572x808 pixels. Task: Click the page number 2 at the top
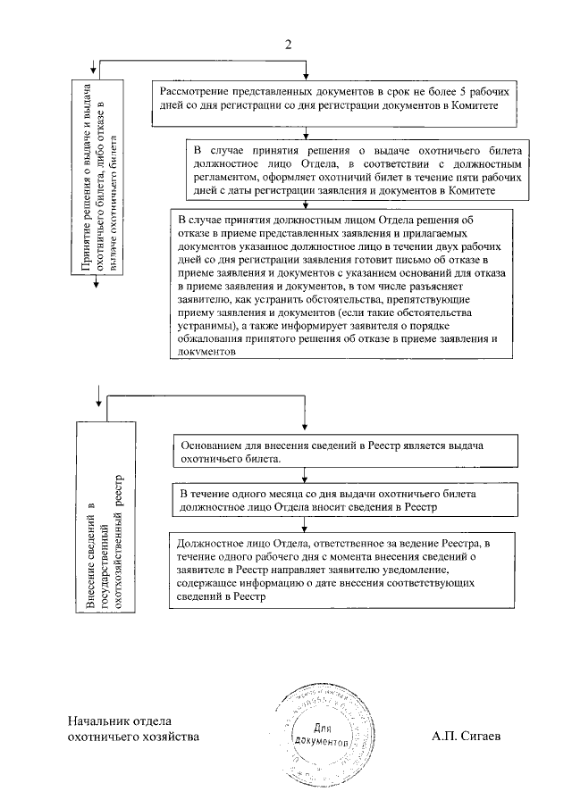pos(288,45)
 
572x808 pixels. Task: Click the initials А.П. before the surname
pos(443,737)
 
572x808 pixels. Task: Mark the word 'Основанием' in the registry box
pos(211,444)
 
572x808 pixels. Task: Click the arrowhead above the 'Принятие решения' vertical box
pos(95,72)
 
